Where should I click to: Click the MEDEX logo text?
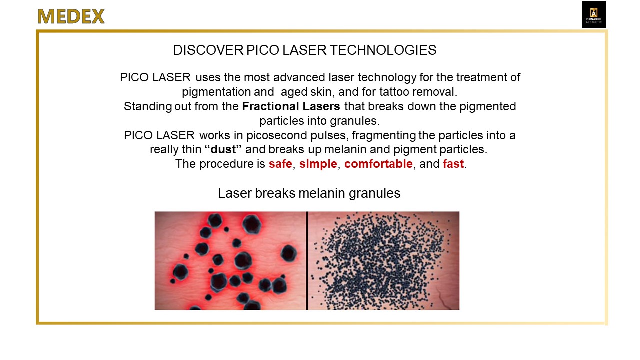point(71,16)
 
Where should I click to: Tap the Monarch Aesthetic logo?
point(593,15)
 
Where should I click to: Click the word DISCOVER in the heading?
point(208,50)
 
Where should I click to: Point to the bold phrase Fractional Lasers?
point(291,106)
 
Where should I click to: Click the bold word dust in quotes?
point(223,149)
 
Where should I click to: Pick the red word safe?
point(280,164)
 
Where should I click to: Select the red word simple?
point(318,164)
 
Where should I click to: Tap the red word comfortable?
point(378,164)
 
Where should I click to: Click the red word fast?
point(453,164)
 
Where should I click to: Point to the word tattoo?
point(393,92)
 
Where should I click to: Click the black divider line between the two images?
point(307,261)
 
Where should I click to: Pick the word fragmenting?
point(384,135)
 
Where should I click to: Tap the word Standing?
point(147,107)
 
